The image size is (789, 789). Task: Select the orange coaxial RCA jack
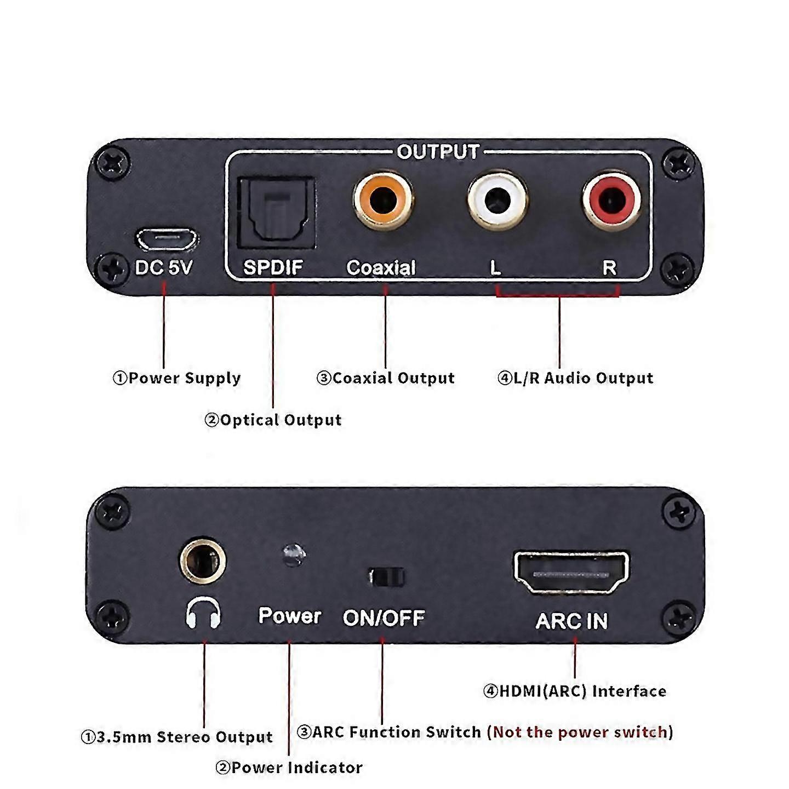(x=383, y=200)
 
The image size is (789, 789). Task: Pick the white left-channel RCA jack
(x=498, y=200)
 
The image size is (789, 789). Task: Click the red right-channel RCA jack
(x=611, y=200)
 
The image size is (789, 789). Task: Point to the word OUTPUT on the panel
(x=438, y=152)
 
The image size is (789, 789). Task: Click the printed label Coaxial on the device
(x=381, y=267)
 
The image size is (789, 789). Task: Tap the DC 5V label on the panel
(x=164, y=267)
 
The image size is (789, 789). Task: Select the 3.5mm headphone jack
(x=203, y=560)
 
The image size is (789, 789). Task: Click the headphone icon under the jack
(x=203, y=613)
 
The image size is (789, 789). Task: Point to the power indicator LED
(x=294, y=554)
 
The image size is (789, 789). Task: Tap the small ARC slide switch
(x=386, y=577)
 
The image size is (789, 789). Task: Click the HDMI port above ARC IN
(x=571, y=573)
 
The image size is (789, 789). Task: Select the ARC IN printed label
(x=571, y=621)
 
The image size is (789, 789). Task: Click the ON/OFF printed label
(x=384, y=618)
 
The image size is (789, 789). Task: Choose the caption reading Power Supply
(x=177, y=378)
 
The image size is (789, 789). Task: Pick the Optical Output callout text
(x=273, y=420)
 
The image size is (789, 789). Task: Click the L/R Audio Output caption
(x=575, y=378)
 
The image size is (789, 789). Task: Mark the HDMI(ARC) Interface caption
(x=575, y=691)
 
